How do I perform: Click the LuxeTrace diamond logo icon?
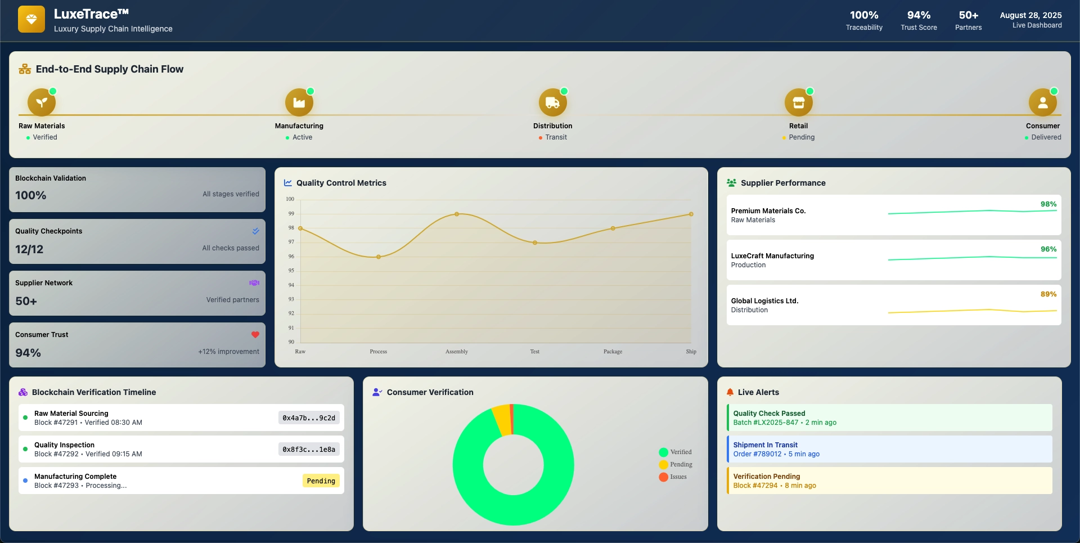point(31,20)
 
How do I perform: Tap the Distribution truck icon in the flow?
point(552,102)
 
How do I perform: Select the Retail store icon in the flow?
point(798,102)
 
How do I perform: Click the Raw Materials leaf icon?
point(42,102)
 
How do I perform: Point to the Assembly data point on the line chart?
point(457,214)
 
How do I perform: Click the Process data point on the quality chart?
point(379,257)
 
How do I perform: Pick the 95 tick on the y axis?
point(291,271)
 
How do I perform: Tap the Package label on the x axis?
point(613,352)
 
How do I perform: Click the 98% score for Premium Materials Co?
point(1048,204)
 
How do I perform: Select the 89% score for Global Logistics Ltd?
point(1048,294)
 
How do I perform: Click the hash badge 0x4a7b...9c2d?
point(309,418)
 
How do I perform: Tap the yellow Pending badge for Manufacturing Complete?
point(321,481)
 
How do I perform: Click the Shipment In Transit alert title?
point(765,445)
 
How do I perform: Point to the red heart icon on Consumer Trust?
point(255,335)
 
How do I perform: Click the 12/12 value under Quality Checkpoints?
point(29,249)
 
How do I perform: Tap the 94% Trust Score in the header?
point(919,16)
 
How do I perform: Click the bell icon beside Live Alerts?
point(730,392)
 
